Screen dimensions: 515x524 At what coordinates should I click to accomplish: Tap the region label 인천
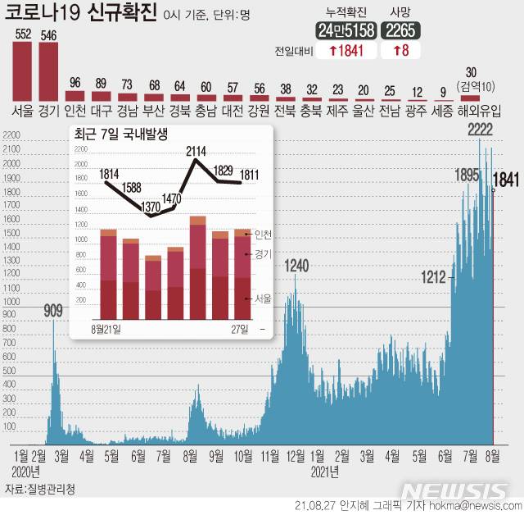(75, 110)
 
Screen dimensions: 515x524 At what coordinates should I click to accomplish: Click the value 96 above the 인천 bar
(75, 83)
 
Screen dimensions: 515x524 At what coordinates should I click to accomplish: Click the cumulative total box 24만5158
(346, 31)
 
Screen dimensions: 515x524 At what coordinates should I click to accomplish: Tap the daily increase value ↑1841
(346, 51)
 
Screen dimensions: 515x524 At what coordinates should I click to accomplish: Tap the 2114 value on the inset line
(196, 150)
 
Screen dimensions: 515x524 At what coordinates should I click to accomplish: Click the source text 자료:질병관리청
(39, 490)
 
